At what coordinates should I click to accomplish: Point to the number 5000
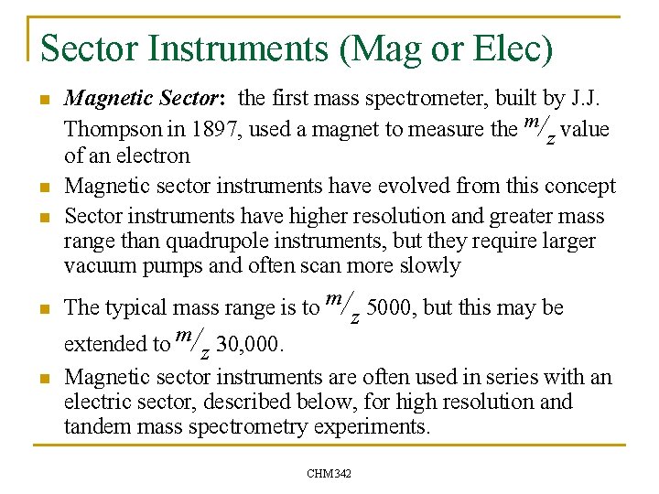(x=391, y=307)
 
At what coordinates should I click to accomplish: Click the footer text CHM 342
(x=329, y=473)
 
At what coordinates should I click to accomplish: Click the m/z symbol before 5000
(x=342, y=304)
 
